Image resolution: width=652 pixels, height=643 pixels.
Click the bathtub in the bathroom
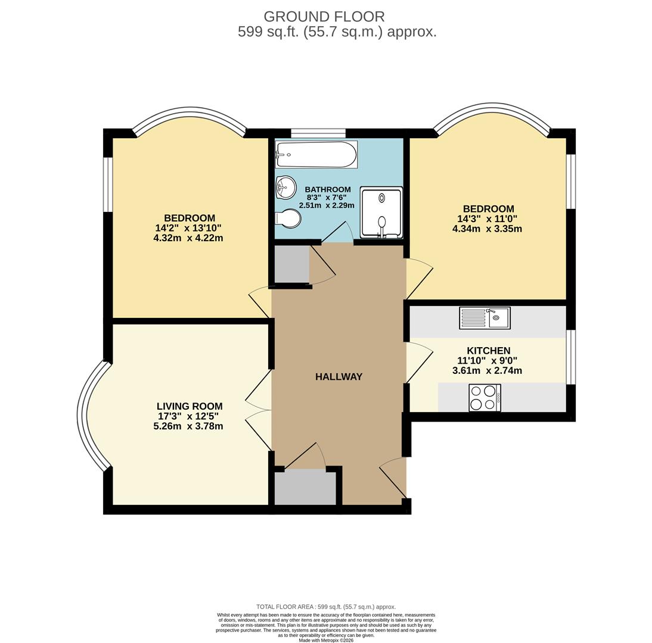(x=316, y=155)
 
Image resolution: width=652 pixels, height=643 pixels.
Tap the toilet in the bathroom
(x=288, y=219)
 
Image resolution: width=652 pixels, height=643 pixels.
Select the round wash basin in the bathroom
(x=285, y=188)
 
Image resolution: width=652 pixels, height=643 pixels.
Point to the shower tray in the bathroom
(x=381, y=213)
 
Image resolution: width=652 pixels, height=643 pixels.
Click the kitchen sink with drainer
(x=485, y=318)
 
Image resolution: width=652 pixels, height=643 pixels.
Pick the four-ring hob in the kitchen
(x=485, y=398)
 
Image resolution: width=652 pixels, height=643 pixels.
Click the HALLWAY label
(x=339, y=377)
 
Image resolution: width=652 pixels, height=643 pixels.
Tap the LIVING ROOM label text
(x=190, y=407)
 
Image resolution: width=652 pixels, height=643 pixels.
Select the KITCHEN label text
(x=488, y=351)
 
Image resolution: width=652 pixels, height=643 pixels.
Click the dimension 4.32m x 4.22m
(x=188, y=238)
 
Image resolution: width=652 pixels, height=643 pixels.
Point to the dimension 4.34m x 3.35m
(x=487, y=229)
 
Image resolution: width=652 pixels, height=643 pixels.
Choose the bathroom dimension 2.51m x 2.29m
(x=327, y=205)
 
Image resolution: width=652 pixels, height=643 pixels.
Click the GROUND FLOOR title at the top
(x=324, y=17)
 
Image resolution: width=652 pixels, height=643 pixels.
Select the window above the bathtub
(x=318, y=133)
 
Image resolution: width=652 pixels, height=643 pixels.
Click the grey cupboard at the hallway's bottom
(x=305, y=488)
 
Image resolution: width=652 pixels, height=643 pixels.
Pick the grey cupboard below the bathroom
(x=291, y=264)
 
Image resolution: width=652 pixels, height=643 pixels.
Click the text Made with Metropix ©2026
(x=326, y=641)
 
